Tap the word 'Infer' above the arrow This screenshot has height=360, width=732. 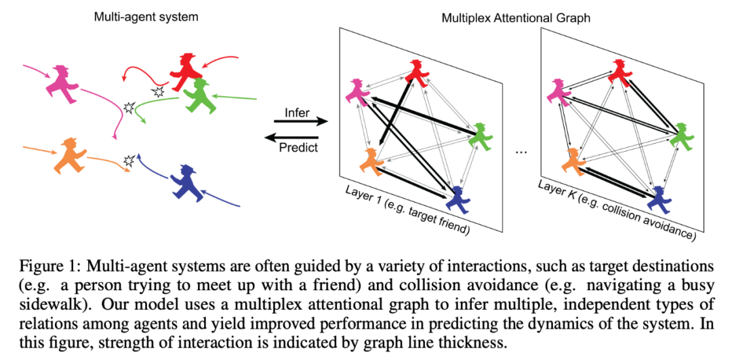[x=297, y=113]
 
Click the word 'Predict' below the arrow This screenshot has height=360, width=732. [x=299, y=146]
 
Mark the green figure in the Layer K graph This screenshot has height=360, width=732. [x=680, y=136]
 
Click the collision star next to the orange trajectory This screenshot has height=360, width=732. [x=128, y=161]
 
